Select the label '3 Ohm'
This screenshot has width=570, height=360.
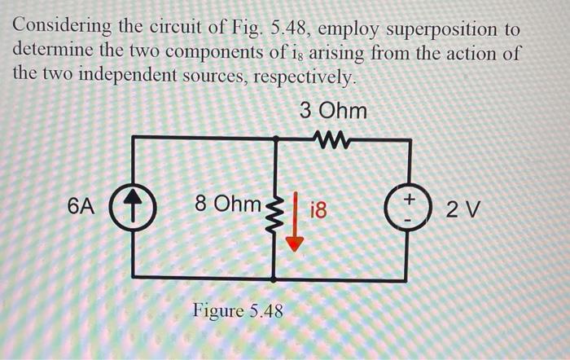tap(333, 110)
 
